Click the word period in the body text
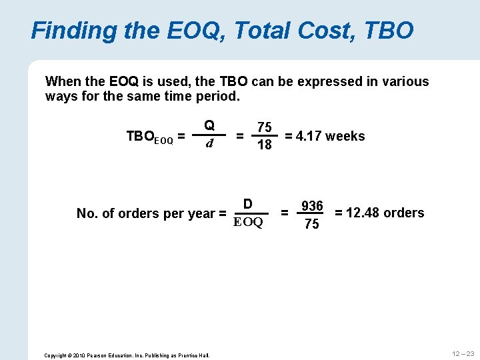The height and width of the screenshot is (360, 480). click(219, 97)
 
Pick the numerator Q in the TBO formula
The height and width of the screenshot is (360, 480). click(209, 125)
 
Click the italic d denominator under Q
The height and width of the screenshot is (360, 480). click(209, 143)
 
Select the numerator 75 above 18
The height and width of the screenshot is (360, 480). click(265, 127)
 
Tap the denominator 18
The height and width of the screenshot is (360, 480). click(265, 145)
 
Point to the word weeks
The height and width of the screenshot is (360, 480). click(345, 136)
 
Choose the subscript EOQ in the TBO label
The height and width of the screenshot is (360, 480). click(164, 140)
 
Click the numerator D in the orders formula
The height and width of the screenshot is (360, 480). click(247, 204)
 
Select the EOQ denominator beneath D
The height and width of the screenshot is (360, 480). click(249, 222)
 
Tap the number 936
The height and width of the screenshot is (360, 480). click(311, 206)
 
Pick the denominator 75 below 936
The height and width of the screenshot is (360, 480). click(311, 224)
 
